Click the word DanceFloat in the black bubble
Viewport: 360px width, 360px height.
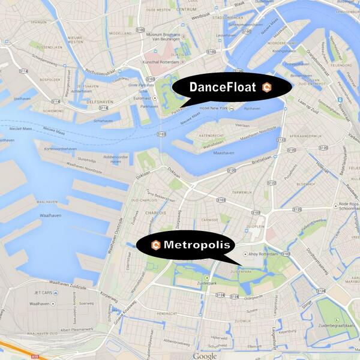pos(223,87)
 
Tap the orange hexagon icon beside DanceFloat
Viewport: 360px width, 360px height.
pos(268,87)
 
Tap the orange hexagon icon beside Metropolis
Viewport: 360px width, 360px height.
pos(156,245)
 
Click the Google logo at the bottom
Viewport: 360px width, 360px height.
pos(205,356)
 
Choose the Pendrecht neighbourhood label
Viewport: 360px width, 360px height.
pos(168,313)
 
